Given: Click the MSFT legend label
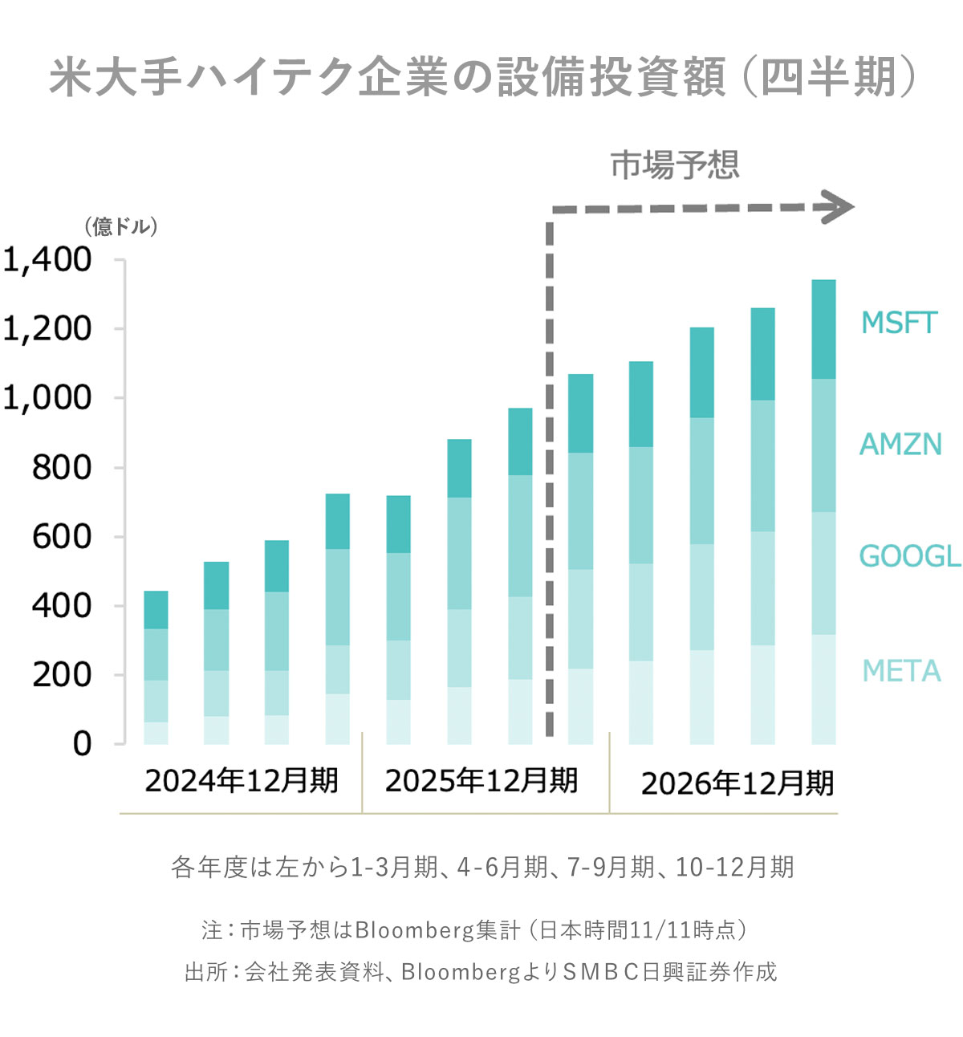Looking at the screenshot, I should (x=899, y=323).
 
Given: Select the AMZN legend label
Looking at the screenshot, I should (x=900, y=444).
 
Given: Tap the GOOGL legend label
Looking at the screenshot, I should (x=909, y=555).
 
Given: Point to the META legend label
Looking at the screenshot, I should (x=901, y=671).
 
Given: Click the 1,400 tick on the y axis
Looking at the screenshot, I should (x=47, y=260).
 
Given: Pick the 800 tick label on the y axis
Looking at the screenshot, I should (x=62, y=467).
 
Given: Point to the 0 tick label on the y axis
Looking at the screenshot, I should (x=82, y=744).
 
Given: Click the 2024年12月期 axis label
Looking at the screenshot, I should (x=242, y=780).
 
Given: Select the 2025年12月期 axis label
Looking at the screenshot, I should (x=481, y=780).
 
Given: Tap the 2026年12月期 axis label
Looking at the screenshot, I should (x=737, y=783).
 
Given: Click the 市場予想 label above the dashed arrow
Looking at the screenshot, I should (x=675, y=165).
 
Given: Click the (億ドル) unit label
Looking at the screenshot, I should (x=121, y=227).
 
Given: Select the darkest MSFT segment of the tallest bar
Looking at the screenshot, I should (x=823, y=329).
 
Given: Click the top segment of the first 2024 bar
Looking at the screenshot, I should (x=156, y=610).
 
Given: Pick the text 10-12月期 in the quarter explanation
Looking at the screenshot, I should (x=734, y=868).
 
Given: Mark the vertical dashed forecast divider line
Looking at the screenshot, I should (x=550, y=482).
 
